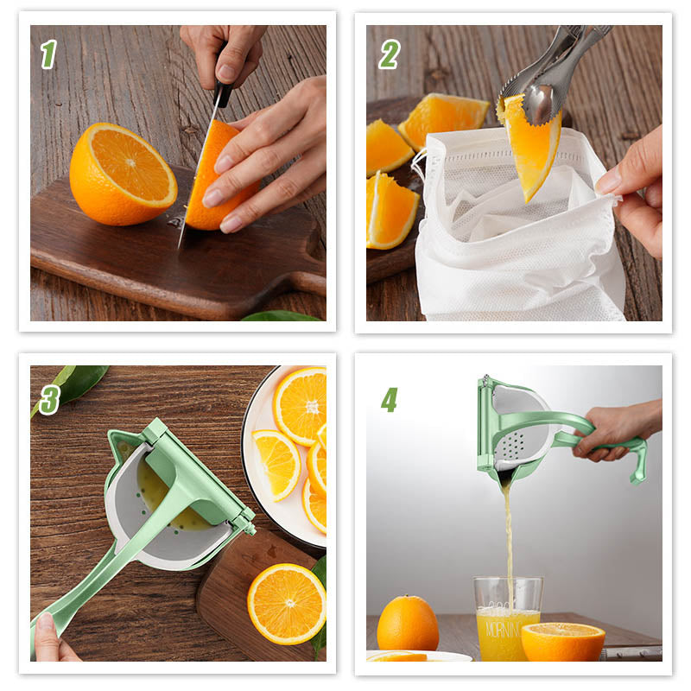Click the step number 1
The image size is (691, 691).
tap(48, 54)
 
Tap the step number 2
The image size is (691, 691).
tap(389, 54)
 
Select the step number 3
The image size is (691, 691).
tap(48, 399)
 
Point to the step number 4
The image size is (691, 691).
tap(389, 399)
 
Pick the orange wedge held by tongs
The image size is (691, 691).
tap(530, 147)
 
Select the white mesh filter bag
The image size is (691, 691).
tap(518, 250)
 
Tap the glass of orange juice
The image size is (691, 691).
tap(507, 622)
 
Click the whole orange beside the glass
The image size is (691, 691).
tap(408, 624)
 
